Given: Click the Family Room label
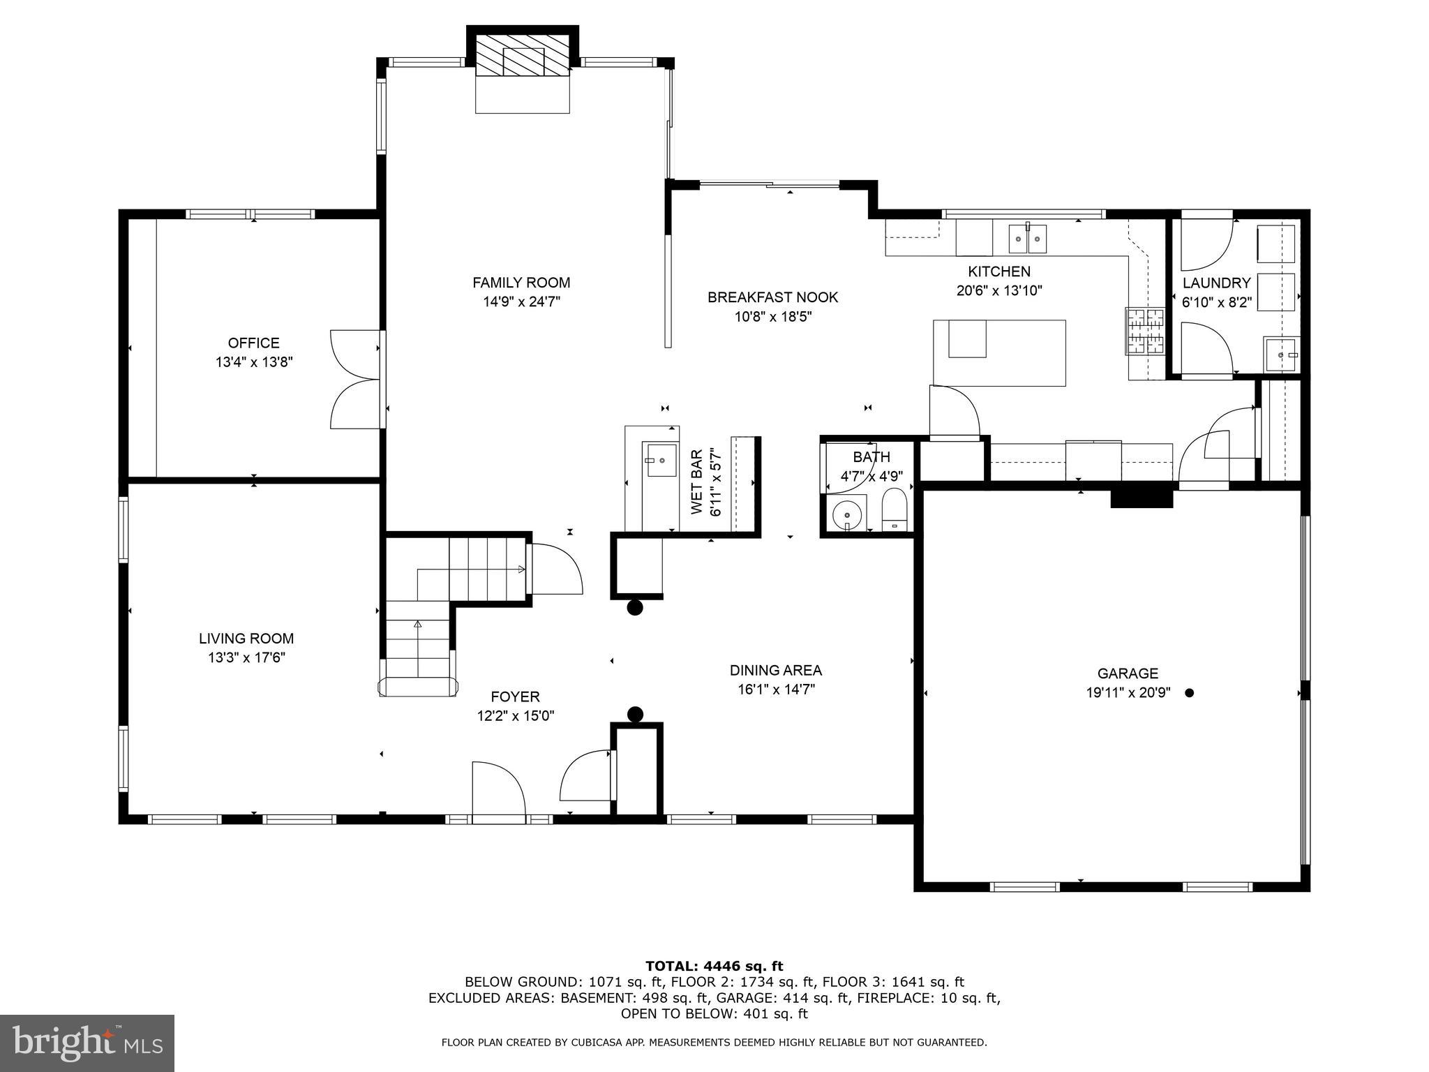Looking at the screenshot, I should click(x=521, y=283).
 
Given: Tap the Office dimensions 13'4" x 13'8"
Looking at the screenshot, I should click(x=254, y=362).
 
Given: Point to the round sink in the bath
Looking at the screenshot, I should click(x=847, y=515).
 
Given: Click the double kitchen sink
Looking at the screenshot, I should click(x=1027, y=239).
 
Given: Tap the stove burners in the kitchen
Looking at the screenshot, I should click(x=1144, y=332).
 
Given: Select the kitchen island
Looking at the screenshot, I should click(x=999, y=352).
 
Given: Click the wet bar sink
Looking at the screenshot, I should click(x=660, y=460).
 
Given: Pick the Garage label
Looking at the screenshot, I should click(x=1128, y=673).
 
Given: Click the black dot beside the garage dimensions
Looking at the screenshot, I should click(x=1190, y=693).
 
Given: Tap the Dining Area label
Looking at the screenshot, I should click(x=775, y=671).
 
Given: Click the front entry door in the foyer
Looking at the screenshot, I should click(x=498, y=793).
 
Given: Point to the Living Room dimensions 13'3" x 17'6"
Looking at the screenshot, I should click(x=246, y=657).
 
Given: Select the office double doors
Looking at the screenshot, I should click(x=357, y=380).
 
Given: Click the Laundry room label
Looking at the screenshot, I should click(x=1216, y=283).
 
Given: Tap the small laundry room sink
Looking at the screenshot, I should click(x=1282, y=355).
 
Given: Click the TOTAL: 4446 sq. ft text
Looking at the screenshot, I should click(x=714, y=967).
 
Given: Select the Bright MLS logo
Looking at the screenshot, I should click(x=87, y=1043).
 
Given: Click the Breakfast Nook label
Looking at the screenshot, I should click(x=772, y=297).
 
